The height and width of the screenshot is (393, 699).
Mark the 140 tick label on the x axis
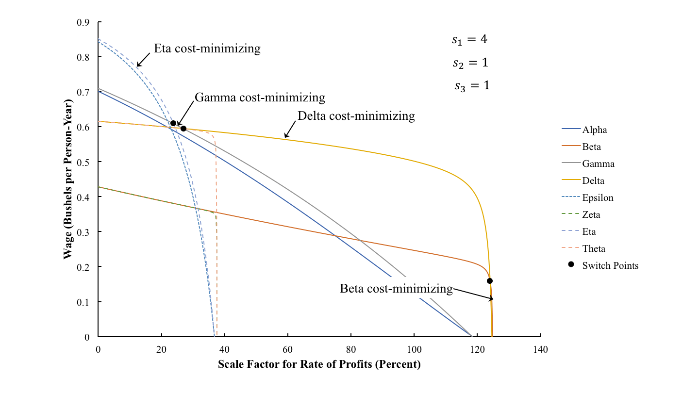coord(541,349)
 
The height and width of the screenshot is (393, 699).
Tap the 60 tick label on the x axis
coord(287,349)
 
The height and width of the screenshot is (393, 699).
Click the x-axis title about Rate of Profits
coord(319,364)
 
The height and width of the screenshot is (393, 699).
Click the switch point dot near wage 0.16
coord(490,281)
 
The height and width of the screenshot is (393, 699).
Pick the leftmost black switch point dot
coord(173,123)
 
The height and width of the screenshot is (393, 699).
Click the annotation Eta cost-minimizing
coord(207,49)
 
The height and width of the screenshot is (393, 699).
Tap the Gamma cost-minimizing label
coord(260,98)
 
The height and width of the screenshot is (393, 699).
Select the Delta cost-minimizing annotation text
coord(356,116)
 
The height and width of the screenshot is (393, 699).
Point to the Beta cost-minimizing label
coord(396,289)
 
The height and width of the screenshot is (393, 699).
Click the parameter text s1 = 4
coord(469,40)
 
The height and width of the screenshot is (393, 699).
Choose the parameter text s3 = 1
coord(472,86)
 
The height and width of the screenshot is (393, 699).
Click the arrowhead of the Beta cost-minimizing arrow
coord(492,299)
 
